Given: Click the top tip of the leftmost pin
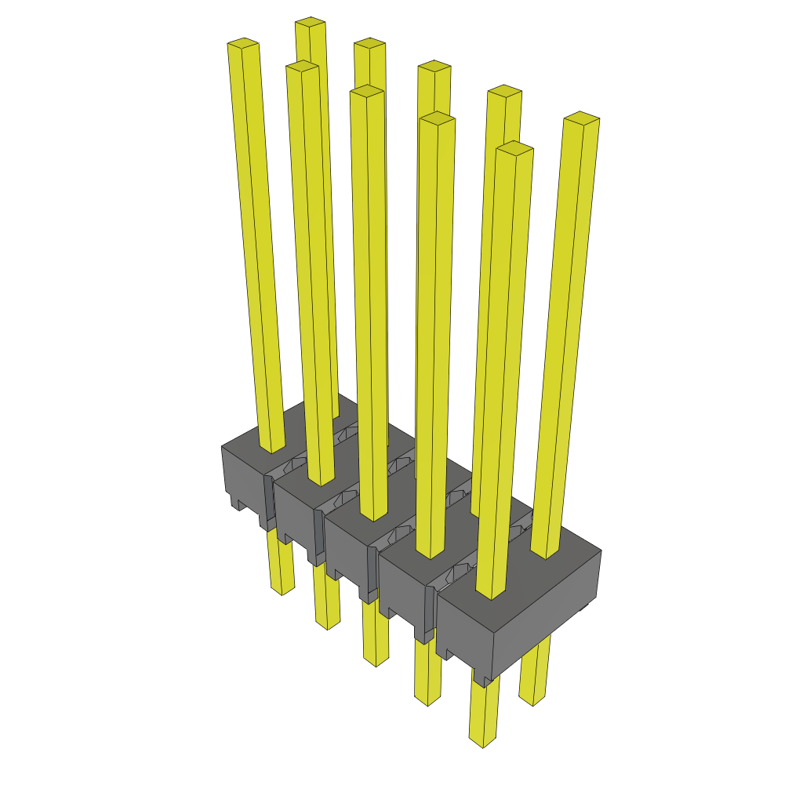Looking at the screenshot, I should [x=243, y=43].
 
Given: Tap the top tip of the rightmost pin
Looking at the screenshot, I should [x=582, y=118].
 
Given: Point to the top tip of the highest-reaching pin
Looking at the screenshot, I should [x=310, y=22].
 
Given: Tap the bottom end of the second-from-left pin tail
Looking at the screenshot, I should [x=327, y=625].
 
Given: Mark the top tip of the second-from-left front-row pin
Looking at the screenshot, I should [x=303, y=67].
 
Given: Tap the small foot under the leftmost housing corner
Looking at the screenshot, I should [x=233, y=503].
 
